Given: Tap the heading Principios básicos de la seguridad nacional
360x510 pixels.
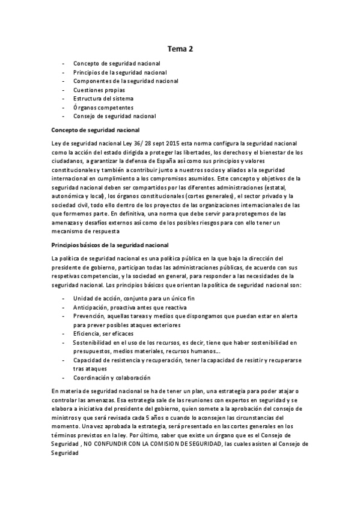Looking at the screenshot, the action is pos(110,244).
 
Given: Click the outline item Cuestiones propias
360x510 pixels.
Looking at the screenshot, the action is pos(99,90).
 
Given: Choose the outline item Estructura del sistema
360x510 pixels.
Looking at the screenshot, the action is pos(103,98).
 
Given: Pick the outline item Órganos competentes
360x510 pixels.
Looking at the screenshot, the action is pos(103,107).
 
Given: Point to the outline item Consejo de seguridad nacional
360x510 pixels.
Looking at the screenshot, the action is pos(114,116).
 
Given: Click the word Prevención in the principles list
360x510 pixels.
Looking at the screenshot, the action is pos(88,316).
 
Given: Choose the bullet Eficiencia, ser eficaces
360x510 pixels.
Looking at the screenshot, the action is pos(103,333).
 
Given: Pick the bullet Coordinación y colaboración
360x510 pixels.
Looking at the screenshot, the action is pos(111,377).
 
